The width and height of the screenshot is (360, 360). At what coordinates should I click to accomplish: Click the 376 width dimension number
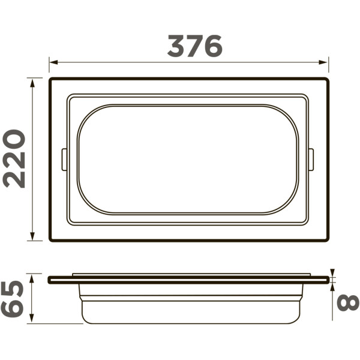pyautogui.click(x=194, y=46)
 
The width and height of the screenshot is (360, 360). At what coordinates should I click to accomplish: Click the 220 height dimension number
pyautogui.click(x=14, y=159)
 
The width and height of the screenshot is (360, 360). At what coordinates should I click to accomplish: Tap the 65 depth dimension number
pyautogui.click(x=13, y=299)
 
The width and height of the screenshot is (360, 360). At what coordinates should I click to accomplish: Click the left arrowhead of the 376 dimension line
pyautogui.click(x=53, y=62)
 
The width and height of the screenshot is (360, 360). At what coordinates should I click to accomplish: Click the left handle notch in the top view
pyautogui.click(x=64, y=160)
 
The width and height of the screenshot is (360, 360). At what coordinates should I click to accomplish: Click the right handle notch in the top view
pyautogui.click(x=311, y=160)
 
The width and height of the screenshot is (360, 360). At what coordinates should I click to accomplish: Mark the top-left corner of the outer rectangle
pyautogui.click(x=51, y=79)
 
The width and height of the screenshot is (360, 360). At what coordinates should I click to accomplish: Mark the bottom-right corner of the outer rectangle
pyautogui.click(x=327, y=240)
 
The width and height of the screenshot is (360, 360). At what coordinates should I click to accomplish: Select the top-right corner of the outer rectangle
pyautogui.click(x=327, y=79)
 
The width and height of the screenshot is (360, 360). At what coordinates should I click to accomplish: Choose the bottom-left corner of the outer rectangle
pyautogui.click(x=51, y=240)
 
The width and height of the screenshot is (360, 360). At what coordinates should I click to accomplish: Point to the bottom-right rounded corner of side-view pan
pyautogui.click(x=297, y=319)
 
